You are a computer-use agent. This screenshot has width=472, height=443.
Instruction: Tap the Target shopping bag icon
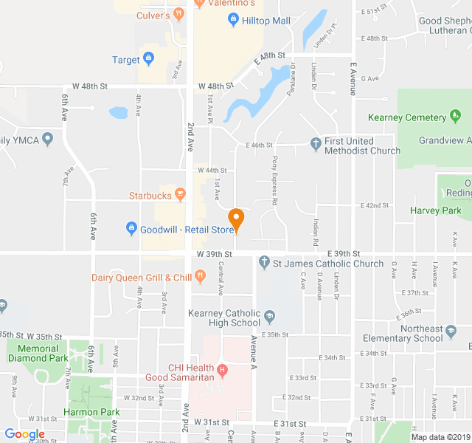coord(149,58)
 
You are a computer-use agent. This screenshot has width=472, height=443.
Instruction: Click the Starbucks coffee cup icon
coord(181,195)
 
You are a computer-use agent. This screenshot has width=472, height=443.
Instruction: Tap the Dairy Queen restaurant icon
coord(200,277)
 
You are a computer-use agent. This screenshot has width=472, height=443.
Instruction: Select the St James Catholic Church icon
coord(264,263)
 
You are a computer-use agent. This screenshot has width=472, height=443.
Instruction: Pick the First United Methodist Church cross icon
coord(316,142)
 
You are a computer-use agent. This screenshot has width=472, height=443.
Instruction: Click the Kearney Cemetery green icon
coord(457,117)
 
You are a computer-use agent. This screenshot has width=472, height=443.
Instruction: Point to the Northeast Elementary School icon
coord(449,333)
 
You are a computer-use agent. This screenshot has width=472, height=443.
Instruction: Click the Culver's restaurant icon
coord(178,14)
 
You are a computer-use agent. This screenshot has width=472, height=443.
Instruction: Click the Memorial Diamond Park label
coord(33,353)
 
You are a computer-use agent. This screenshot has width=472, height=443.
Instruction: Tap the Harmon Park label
coord(91,412)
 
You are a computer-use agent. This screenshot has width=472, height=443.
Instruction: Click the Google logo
coord(24,435)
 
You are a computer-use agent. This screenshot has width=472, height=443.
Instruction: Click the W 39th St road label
coord(215,254)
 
